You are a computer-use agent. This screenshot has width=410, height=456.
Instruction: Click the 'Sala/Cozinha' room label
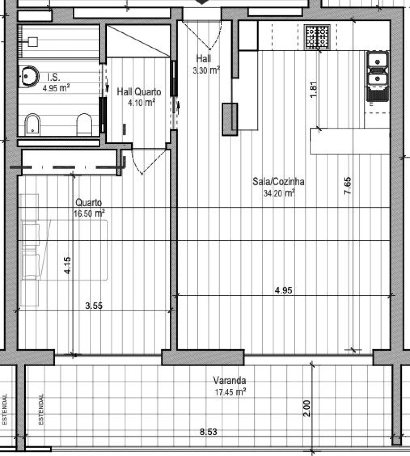coord(278,182)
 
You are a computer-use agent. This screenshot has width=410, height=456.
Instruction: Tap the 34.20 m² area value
coord(279,193)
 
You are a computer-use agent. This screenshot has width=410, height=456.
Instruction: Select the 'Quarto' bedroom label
coord(89,203)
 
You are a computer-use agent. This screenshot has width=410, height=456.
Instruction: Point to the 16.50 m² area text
coord(89,214)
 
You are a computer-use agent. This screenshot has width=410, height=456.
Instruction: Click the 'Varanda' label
coord(230,381)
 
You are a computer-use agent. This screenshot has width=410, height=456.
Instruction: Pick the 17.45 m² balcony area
coord(230,392)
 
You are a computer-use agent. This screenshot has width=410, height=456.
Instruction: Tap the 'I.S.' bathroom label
coord(53,77)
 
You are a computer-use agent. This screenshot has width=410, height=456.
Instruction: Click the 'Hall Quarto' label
coord(139,92)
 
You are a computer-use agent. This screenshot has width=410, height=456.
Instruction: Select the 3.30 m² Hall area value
coord(206,70)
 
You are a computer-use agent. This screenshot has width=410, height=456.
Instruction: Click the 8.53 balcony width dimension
coord(209,432)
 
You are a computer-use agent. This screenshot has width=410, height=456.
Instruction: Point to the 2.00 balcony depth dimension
coord(307,408)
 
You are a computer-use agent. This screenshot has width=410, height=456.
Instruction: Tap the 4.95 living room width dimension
coord(283,290)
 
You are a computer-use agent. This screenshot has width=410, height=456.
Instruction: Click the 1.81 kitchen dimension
coord(314,90)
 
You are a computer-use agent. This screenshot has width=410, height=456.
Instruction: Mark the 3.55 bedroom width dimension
coord(94,306)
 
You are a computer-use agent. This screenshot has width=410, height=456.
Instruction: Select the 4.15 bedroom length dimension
coord(68,265)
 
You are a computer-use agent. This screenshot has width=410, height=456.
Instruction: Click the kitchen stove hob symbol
coord(317,37)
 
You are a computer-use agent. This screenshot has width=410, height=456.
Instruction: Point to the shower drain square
coord(33,42)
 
